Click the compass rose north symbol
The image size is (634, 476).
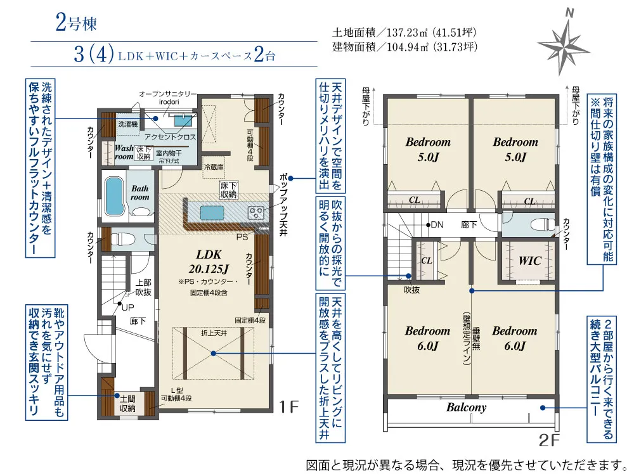tap(563, 42)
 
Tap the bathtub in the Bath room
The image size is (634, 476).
tap(114, 196)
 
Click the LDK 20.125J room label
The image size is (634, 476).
tap(209, 261)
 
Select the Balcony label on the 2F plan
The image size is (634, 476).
tap(466, 408)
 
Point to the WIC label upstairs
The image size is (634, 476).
tap(529, 261)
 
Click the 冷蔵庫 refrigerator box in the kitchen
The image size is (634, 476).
tap(214, 167)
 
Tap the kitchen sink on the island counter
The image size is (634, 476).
tap(212, 212)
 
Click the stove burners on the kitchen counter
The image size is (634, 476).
tap(256, 212)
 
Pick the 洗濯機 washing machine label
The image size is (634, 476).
tap(128, 124)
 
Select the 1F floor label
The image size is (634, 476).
tap(288, 406)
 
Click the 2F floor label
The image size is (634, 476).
tap(548, 440)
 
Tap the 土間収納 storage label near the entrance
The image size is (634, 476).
tap(127, 404)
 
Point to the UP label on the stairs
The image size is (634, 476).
tap(128, 307)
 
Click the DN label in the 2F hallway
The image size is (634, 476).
tap(437, 224)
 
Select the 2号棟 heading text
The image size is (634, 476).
tap(76, 23)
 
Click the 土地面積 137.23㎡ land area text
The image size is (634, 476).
tap(404, 32)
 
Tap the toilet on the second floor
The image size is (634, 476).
tap(540, 224)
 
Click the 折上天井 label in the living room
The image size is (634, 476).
tap(214, 333)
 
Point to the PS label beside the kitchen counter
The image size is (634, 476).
tap(242, 237)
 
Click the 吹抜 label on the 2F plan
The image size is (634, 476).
tap(411, 290)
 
